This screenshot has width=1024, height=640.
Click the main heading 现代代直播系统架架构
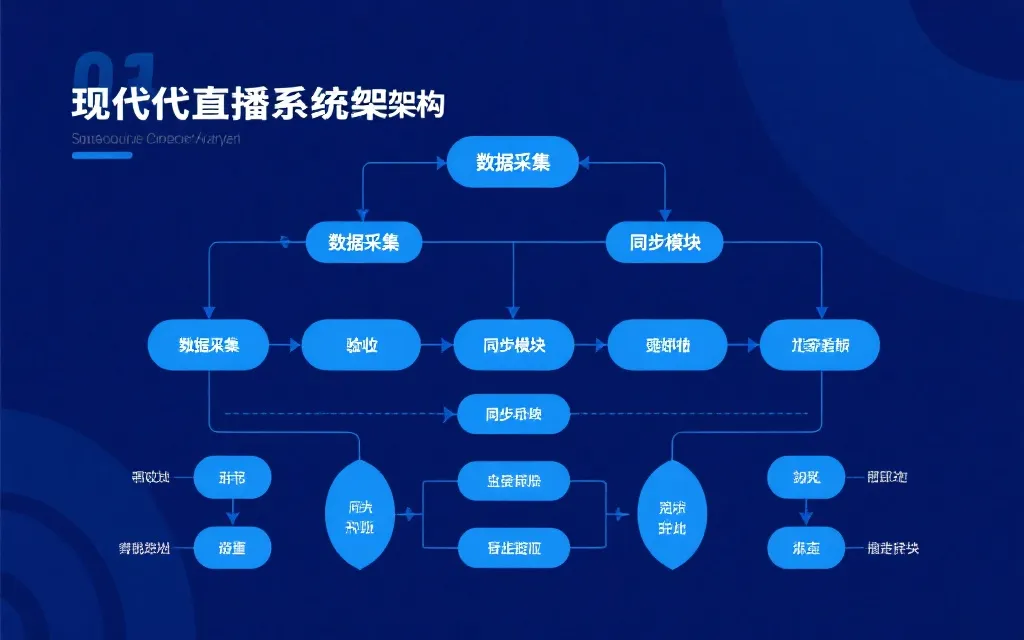coord(258,103)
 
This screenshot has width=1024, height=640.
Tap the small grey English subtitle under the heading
coord(156,139)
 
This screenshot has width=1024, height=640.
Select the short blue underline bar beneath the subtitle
coord(102,155)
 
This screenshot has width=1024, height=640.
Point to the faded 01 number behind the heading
coord(113,72)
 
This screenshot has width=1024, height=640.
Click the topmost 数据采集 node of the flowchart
coord(512,162)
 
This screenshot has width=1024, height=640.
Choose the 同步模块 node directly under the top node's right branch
coord(665,242)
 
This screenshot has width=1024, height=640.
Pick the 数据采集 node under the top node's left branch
coord(364,242)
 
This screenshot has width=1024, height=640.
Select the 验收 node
coord(361,345)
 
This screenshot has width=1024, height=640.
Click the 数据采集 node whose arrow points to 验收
coord(208,345)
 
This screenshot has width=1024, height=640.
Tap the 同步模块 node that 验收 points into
coord(514,345)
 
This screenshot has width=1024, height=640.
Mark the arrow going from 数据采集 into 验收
coord(285,345)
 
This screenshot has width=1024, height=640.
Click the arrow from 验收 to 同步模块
coord(438,345)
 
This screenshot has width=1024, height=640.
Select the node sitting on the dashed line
coord(513,414)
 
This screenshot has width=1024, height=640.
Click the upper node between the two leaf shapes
coord(513,481)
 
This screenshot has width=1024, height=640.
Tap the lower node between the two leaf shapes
coord(513,548)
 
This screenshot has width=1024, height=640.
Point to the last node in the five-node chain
coord(820,345)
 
